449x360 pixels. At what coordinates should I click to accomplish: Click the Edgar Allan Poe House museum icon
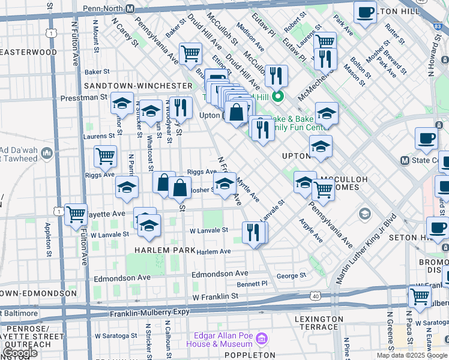pos(261,340)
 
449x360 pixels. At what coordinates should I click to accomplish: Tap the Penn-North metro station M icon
pos(130,10)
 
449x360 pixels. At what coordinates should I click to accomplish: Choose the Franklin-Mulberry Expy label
pos(149,313)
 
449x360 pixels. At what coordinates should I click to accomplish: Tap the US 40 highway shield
pos(316,295)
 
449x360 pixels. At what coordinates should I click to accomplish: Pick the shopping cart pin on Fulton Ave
pos(76,214)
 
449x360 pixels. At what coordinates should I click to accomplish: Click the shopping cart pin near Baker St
pos(190,53)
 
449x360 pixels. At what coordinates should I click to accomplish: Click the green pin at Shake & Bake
pos(277,97)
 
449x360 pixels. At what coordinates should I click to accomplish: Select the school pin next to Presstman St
pos(122,103)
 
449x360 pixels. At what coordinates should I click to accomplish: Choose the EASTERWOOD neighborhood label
pos(29,52)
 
